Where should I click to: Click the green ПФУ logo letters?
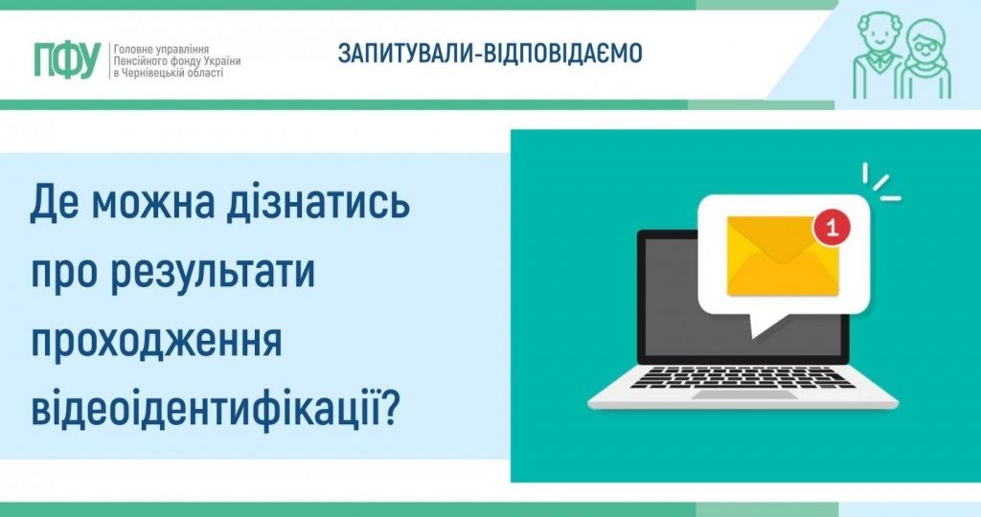click(x=66, y=59)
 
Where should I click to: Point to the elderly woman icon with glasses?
click(x=924, y=59)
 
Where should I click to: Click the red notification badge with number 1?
click(x=830, y=228)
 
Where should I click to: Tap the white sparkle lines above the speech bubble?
click(x=880, y=182)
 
